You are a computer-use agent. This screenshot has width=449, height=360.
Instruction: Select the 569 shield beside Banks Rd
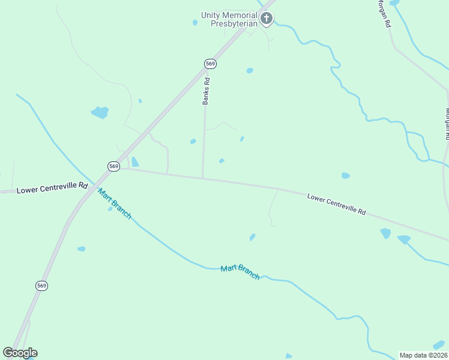click(210, 64)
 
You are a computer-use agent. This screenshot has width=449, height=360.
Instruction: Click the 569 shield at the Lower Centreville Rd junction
click(114, 166)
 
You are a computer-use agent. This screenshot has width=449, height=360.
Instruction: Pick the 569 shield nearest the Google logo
click(41, 286)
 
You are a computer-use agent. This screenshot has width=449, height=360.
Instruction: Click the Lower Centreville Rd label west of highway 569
click(52, 188)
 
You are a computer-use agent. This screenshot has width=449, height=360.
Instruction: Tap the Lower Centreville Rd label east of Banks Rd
click(336, 204)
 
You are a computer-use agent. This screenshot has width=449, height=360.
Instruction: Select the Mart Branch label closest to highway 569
click(114, 204)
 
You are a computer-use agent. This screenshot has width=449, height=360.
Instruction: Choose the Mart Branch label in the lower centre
click(240, 272)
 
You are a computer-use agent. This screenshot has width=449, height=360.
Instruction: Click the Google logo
click(20, 353)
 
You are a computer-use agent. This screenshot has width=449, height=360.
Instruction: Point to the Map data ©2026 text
click(423, 355)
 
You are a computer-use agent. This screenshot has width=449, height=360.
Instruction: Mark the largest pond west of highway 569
click(100, 112)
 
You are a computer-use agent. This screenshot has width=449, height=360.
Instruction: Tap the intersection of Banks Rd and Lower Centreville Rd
click(202, 178)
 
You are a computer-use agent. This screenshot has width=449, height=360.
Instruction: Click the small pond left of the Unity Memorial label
click(195, 23)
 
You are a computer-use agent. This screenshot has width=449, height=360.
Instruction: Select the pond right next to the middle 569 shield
click(135, 162)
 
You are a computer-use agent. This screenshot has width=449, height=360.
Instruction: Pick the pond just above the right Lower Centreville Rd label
click(345, 176)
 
